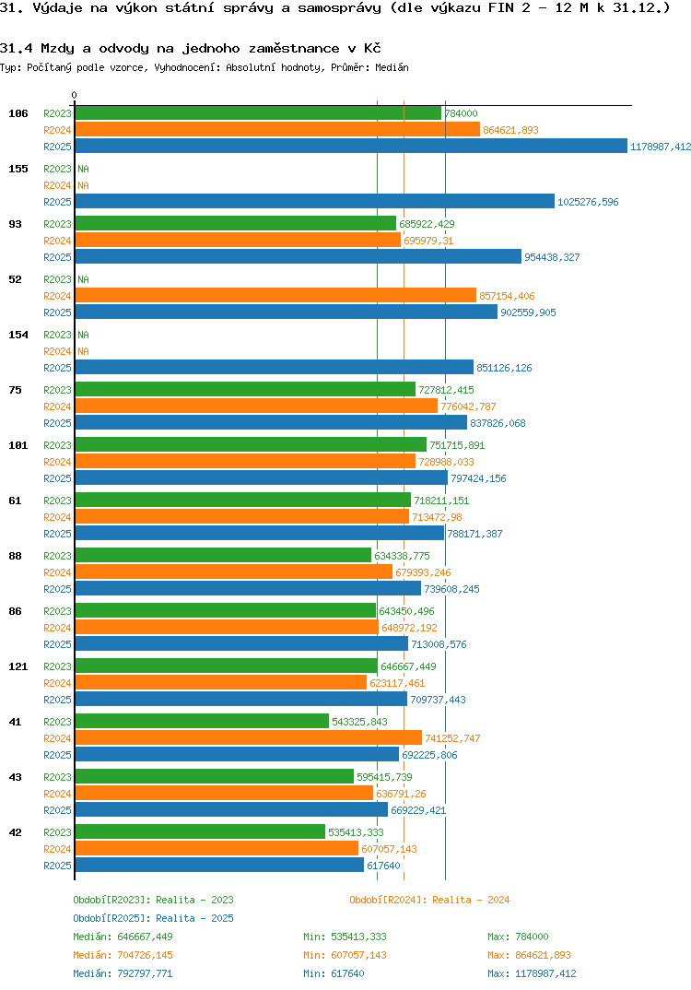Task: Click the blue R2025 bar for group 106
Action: click(x=350, y=146)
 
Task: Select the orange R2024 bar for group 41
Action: click(x=248, y=737)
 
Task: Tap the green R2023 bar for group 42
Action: click(x=200, y=831)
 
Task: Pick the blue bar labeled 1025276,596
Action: click(x=314, y=201)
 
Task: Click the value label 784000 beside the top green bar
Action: click(x=461, y=113)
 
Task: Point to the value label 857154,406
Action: click(x=507, y=296)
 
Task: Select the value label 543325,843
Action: click(x=359, y=722)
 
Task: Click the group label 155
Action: click(x=18, y=169)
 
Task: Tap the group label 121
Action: click(x=18, y=666)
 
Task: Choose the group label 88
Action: click(x=16, y=556)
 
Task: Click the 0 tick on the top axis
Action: click(x=75, y=95)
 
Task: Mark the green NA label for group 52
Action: click(x=83, y=279)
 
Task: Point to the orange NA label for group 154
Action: click(x=83, y=351)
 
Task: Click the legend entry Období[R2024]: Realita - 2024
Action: click(x=429, y=900)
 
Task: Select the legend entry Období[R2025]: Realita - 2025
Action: click(x=153, y=918)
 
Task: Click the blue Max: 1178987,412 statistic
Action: click(x=532, y=973)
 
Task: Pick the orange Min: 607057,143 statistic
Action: click(x=345, y=955)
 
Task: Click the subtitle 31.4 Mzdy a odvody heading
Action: click(x=191, y=48)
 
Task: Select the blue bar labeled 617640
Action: click(x=219, y=865)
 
